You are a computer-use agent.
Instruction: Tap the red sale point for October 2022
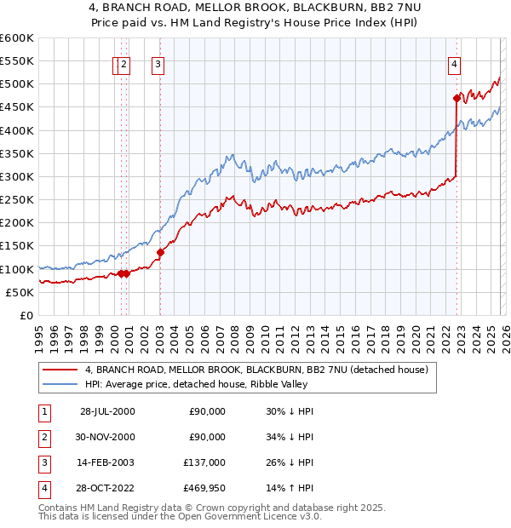pyautogui.click(x=457, y=99)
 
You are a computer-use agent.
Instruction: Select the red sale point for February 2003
pyautogui.click(x=160, y=252)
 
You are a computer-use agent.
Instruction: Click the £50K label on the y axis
pyautogui.click(x=20, y=292)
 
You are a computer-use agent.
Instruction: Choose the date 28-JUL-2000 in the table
pyautogui.click(x=107, y=411)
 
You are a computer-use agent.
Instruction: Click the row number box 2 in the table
pyautogui.click(x=43, y=437)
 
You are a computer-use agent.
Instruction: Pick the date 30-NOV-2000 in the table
pyautogui.click(x=107, y=437)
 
